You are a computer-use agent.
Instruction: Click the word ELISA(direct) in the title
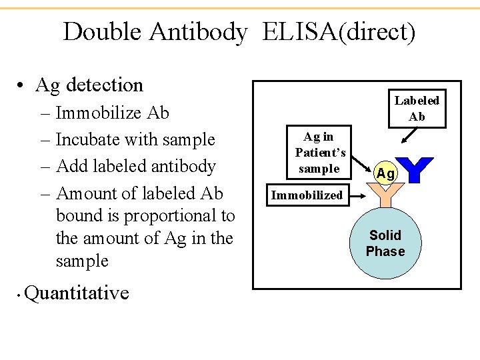pos(339,31)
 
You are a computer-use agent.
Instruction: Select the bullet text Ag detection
pos(89,85)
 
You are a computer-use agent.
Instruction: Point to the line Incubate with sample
pos(135,139)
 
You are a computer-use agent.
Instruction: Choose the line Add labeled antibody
pos(136,166)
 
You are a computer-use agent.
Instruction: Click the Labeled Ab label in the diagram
pos(417,109)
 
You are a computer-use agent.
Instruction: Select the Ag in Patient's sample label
pos(319,153)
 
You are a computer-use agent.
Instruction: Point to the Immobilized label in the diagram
pos(307,195)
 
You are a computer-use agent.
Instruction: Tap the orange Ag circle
pos(386,174)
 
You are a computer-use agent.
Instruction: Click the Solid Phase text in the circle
pos(385,243)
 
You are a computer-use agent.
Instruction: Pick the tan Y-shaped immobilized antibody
pos(385,197)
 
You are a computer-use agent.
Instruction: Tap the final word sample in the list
pos(82,261)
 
